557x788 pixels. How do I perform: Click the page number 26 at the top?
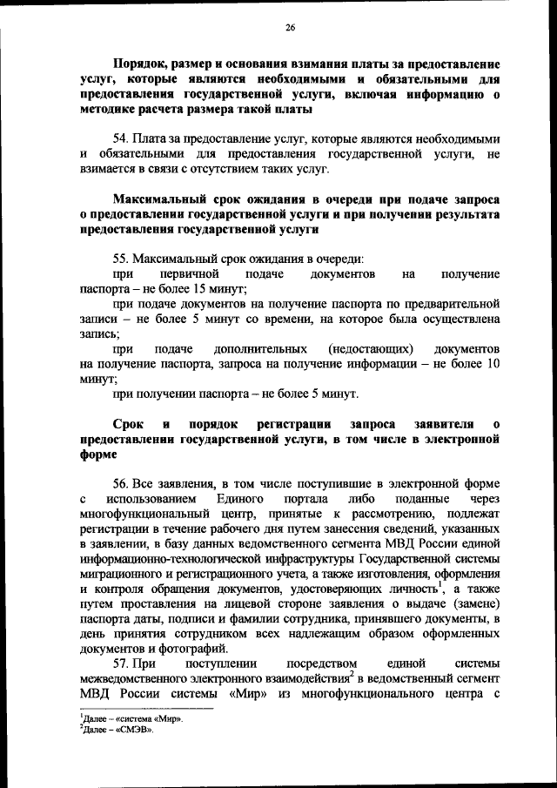tap(291, 28)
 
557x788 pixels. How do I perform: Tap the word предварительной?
tap(453, 304)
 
